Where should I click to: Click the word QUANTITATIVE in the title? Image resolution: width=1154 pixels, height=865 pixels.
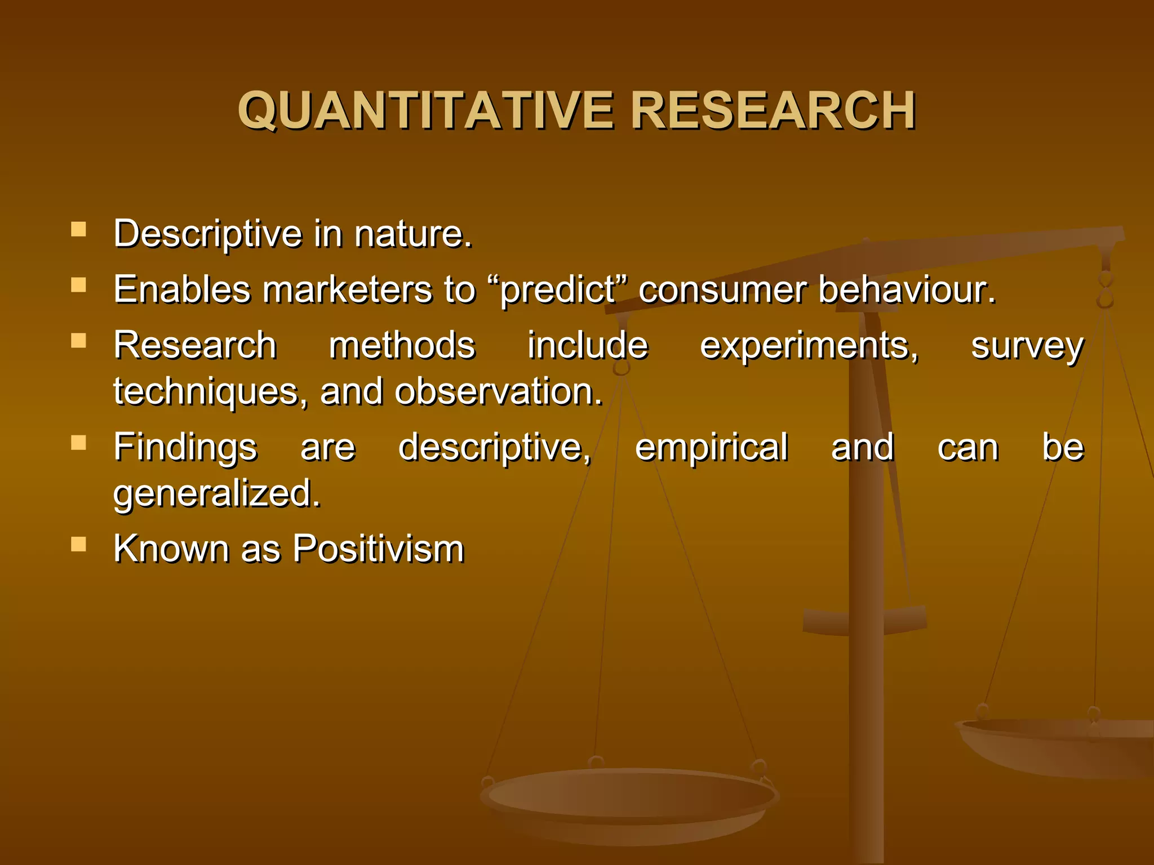click(425, 110)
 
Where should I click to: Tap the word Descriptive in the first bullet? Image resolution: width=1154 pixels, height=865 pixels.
click(208, 234)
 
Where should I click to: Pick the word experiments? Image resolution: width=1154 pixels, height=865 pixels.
click(809, 346)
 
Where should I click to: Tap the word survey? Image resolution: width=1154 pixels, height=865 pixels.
click(1027, 346)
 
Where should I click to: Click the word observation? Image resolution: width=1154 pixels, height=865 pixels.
click(498, 392)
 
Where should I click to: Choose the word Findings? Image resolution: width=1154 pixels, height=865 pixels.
click(185, 448)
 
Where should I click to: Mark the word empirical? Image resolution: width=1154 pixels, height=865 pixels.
click(711, 448)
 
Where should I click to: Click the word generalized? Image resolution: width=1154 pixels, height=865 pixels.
click(217, 494)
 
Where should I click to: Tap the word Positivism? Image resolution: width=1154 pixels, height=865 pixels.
click(378, 549)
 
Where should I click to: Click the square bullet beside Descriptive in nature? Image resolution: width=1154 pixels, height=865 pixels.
click(79, 229)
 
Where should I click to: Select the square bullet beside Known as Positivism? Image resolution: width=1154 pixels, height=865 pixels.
click(79, 543)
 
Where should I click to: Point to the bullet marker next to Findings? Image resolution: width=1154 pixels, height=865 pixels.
click(79, 443)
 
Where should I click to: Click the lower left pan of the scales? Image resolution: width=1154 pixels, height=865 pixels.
click(628, 800)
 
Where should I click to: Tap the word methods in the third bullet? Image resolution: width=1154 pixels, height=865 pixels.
click(402, 346)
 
